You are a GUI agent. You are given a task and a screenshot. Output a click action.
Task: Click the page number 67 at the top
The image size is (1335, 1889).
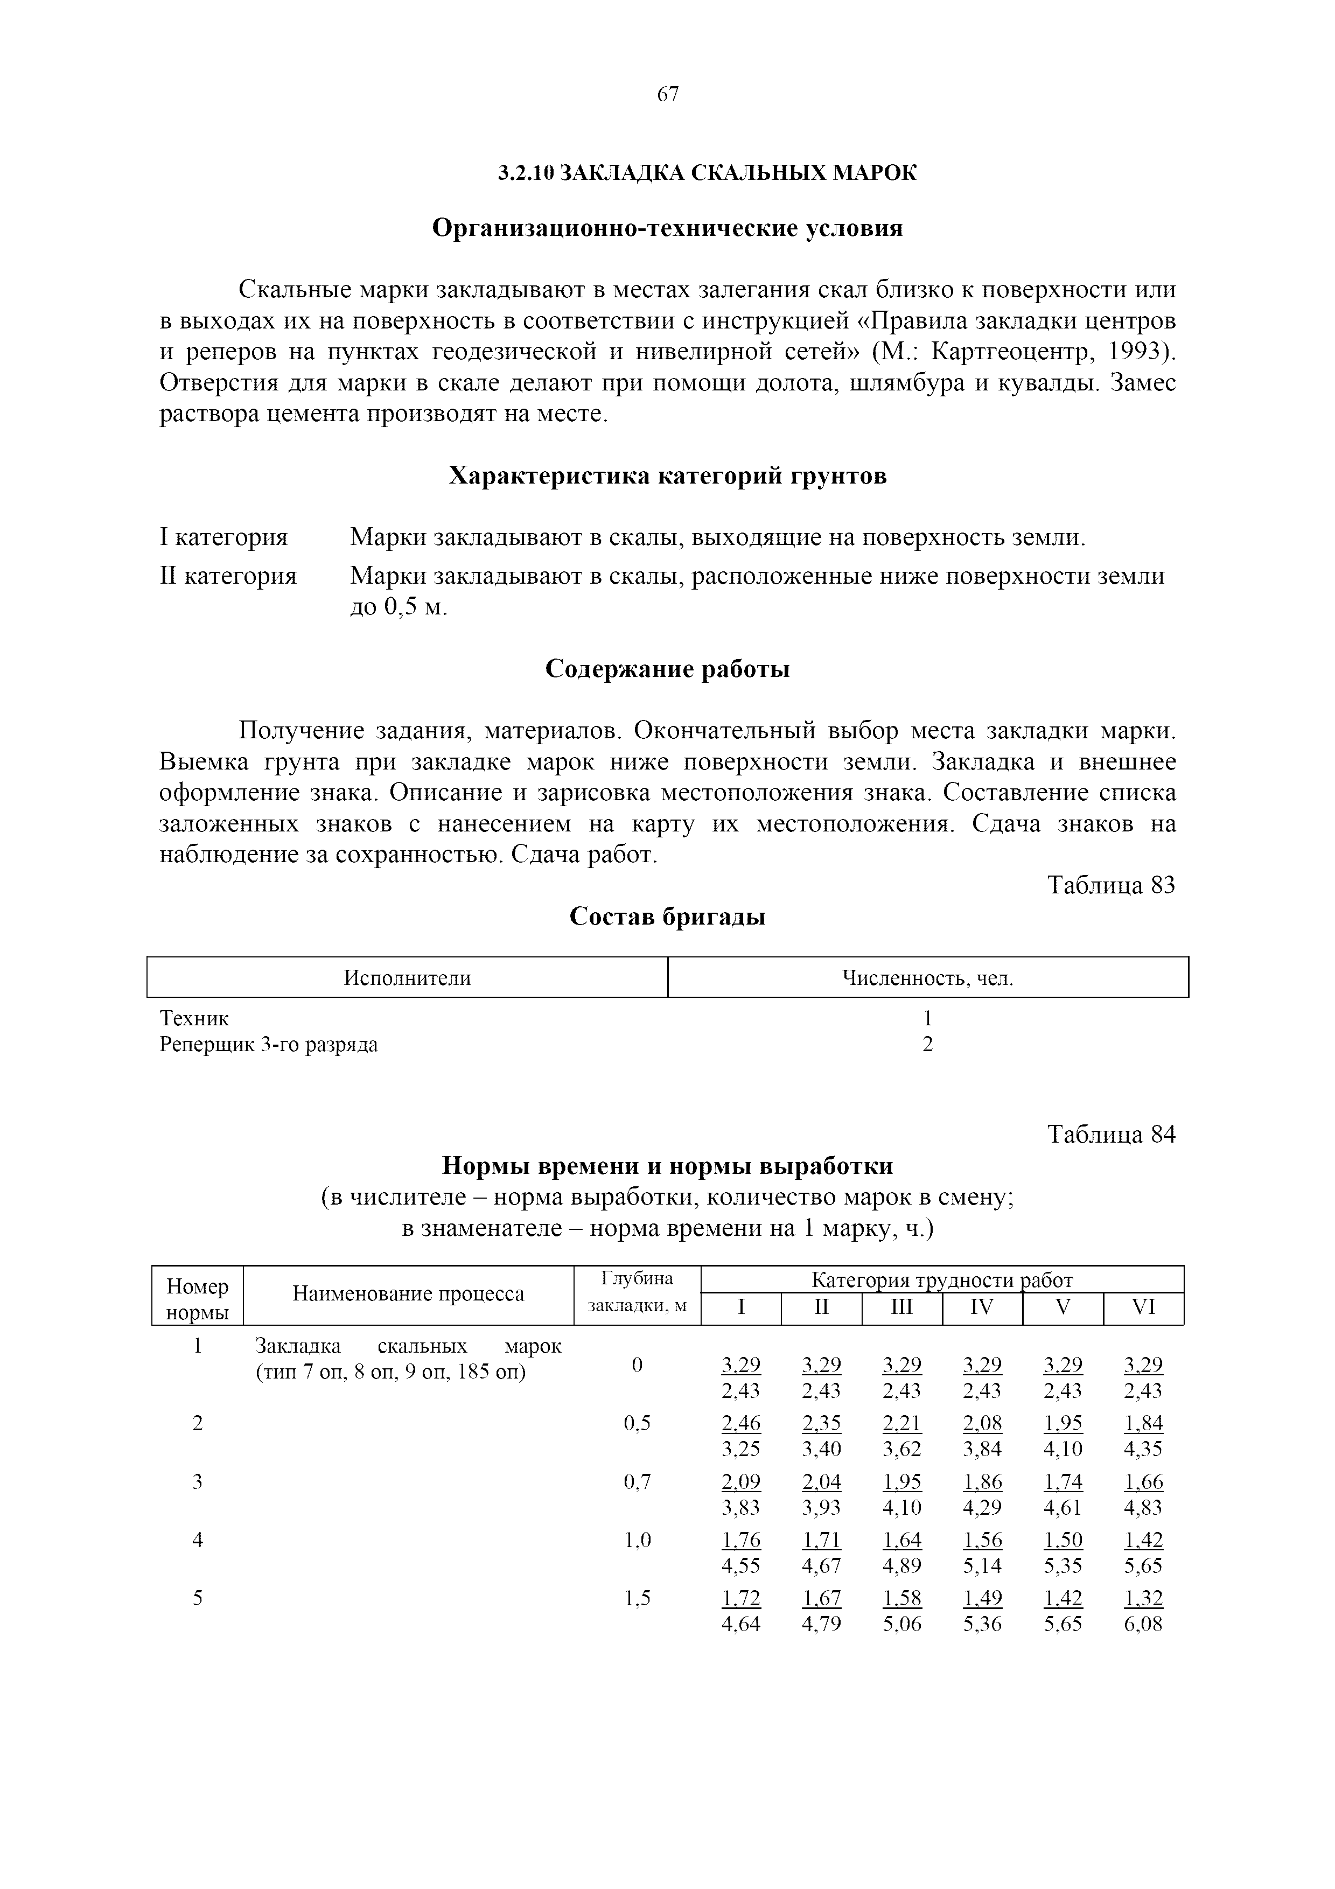pos(668,95)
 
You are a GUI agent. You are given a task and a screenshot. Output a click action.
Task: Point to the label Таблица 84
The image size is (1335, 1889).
pos(1112,1135)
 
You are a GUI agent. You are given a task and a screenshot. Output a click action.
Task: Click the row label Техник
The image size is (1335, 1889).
pos(194,1019)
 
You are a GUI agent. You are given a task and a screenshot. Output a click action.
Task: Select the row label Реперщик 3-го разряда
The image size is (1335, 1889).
pos(268,1045)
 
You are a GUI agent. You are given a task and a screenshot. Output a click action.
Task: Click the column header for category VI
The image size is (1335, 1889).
pos(1143,1306)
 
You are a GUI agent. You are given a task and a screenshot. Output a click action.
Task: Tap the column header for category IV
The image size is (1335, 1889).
pos(982,1306)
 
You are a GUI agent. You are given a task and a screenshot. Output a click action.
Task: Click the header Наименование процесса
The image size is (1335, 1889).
pos(408,1294)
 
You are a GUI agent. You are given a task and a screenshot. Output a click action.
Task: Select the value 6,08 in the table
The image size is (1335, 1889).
pos(1143,1624)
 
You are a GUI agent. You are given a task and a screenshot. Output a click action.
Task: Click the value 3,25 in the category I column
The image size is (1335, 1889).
pos(741,1449)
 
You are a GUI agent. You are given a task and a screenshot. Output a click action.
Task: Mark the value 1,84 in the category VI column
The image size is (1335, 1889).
pos(1143,1423)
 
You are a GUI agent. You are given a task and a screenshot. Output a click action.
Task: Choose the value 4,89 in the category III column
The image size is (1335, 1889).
pos(903,1566)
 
